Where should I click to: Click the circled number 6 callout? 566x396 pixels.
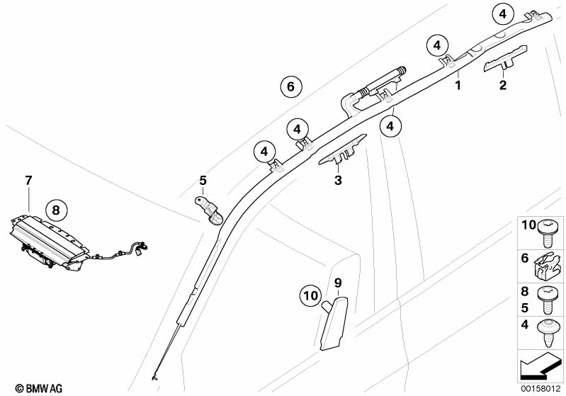290,87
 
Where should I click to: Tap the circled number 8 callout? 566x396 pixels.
56,210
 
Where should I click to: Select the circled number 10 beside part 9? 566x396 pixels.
310,295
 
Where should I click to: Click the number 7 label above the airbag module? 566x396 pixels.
28,181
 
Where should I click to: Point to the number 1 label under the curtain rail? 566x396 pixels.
458,86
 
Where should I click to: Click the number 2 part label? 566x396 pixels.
502,86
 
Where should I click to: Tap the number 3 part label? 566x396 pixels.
338,181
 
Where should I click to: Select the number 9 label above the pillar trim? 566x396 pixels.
338,282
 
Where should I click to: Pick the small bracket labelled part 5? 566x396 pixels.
209,208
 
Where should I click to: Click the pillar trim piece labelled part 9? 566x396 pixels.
332,322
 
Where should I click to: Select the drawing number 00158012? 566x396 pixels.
541,387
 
